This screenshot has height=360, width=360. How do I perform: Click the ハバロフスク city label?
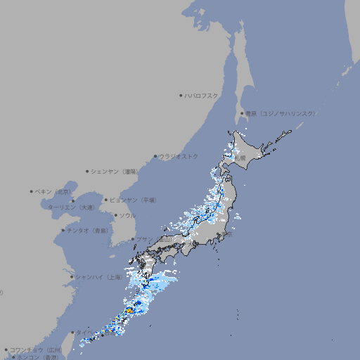[202, 95]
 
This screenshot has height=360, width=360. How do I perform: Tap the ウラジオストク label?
[179, 156]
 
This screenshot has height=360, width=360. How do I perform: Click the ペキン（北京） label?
[54, 191]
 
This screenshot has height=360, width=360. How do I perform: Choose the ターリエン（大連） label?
[71, 207]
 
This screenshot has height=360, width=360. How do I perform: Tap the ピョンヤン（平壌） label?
[134, 200]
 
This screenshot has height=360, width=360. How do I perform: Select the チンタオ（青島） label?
[88, 230]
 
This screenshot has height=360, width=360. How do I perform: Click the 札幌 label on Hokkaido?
[240, 158]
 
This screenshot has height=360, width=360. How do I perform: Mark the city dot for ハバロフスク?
[181, 95]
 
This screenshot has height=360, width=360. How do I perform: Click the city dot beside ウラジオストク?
[155, 156]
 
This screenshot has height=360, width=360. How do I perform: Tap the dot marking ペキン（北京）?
[32, 191]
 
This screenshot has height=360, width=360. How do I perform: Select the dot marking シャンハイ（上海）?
[72, 277]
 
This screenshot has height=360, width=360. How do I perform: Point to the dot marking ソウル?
[115, 215]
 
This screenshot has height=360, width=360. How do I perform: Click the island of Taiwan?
[79, 340]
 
